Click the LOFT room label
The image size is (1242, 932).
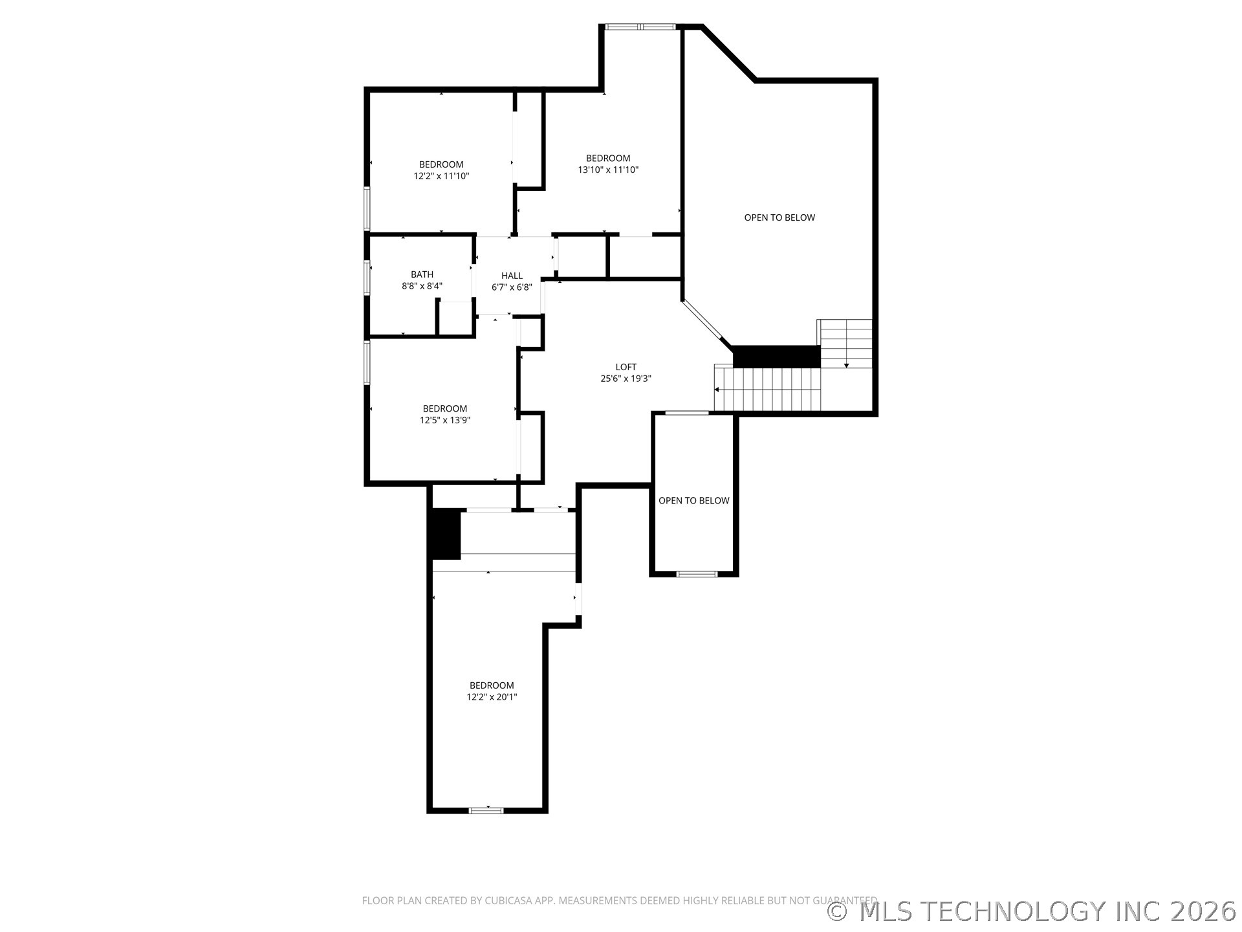pyautogui.click(x=626, y=367)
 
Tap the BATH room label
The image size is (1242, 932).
pyautogui.click(x=422, y=274)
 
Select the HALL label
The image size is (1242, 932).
pyautogui.click(x=512, y=276)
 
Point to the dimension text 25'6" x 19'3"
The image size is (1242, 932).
pyautogui.click(x=626, y=379)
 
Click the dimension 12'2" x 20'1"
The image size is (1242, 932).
pyautogui.click(x=492, y=697)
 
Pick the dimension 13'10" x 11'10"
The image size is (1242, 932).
pyautogui.click(x=608, y=170)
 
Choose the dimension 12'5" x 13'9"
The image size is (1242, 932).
pyautogui.click(x=445, y=420)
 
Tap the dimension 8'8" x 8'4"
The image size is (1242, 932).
pyautogui.click(x=422, y=286)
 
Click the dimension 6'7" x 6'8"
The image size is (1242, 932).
pyautogui.click(x=512, y=287)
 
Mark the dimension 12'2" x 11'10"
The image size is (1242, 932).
pyautogui.click(x=441, y=176)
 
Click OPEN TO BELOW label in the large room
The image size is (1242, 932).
pyautogui.click(x=779, y=217)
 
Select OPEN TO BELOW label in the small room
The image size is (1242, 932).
pyautogui.click(x=693, y=500)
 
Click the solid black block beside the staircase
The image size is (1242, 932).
pyautogui.click(x=776, y=357)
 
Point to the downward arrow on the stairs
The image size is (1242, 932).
pyautogui.click(x=846, y=366)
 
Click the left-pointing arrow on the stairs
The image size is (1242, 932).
pyautogui.click(x=717, y=390)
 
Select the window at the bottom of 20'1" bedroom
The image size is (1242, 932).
pyautogui.click(x=486, y=810)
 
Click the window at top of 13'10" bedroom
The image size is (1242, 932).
pyautogui.click(x=640, y=27)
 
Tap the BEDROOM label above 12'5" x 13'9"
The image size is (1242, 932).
pyautogui.click(x=445, y=408)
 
